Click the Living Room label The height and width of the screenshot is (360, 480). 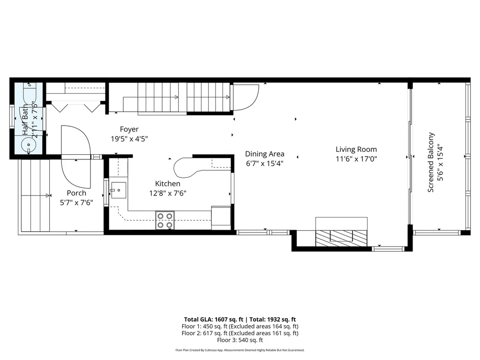(x=356, y=150)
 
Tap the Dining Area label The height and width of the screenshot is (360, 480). (x=265, y=154)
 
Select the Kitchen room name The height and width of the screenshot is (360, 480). (x=167, y=184)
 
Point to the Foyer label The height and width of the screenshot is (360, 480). (x=129, y=129)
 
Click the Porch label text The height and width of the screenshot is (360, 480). (x=76, y=193)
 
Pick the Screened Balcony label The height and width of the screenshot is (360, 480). (x=431, y=162)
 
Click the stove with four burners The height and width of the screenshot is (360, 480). (x=165, y=220)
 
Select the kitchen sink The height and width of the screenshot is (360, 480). (x=118, y=191)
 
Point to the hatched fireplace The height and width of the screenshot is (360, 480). (x=341, y=237)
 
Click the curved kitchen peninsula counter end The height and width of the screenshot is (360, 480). (x=183, y=167)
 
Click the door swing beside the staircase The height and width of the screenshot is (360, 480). (x=245, y=96)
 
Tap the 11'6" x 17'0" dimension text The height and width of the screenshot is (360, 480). (x=356, y=159)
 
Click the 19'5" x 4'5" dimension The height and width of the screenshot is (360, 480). (x=130, y=139)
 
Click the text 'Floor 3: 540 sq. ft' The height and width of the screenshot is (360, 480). (x=240, y=340)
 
